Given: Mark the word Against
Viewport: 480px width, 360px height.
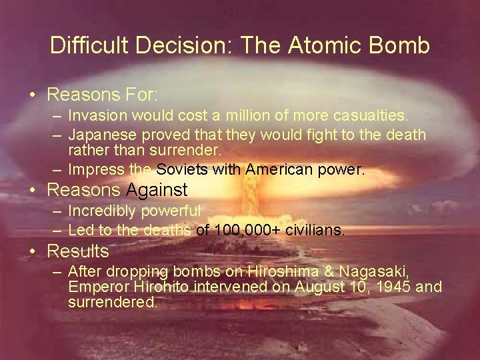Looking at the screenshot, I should [x=157, y=190].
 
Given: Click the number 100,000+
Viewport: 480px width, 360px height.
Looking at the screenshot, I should [x=239, y=231].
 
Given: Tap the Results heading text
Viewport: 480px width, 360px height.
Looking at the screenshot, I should [x=77, y=251].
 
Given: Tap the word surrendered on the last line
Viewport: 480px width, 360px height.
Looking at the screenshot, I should [x=112, y=302].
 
